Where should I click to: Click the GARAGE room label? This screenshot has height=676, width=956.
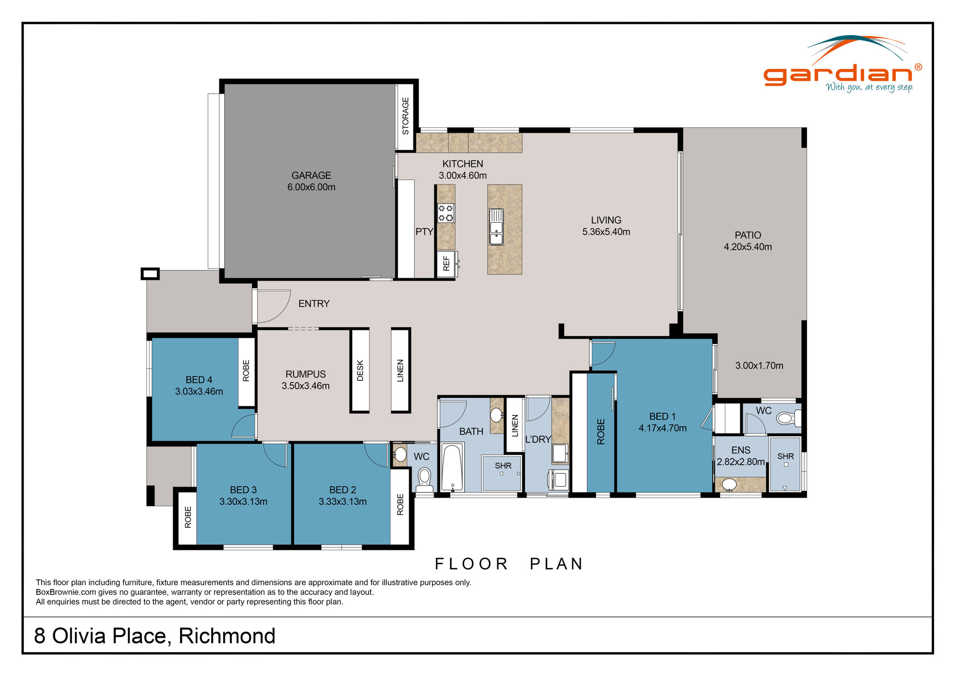click(x=311, y=175)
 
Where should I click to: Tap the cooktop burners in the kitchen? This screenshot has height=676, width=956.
click(x=445, y=213)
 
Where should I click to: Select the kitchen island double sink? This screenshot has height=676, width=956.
click(x=496, y=227)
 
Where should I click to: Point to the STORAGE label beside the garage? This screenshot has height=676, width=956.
click(x=405, y=116)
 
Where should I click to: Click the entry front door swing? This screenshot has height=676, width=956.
click(x=273, y=306)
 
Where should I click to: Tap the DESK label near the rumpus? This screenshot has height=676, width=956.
click(x=360, y=371)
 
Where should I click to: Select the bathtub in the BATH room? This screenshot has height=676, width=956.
click(x=452, y=468)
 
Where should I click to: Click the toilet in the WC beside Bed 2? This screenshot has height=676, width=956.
click(x=424, y=479)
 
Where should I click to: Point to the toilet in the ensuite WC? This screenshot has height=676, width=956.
click(x=785, y=419)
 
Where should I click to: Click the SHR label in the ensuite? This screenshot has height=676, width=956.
click(x=785, y=456)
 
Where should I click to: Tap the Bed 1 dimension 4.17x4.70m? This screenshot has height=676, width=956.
click(x=663, y=428)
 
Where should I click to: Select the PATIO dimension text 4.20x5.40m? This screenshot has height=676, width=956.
click(x=748, y=247)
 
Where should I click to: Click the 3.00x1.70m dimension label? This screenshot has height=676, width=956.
click(x=759, y=366)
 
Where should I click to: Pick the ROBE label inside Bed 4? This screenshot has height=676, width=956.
click(x=246, y=371)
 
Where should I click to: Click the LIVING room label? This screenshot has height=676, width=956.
click(x=606, y=220)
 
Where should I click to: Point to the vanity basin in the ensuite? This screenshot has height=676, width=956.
click(x=729, y=484)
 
